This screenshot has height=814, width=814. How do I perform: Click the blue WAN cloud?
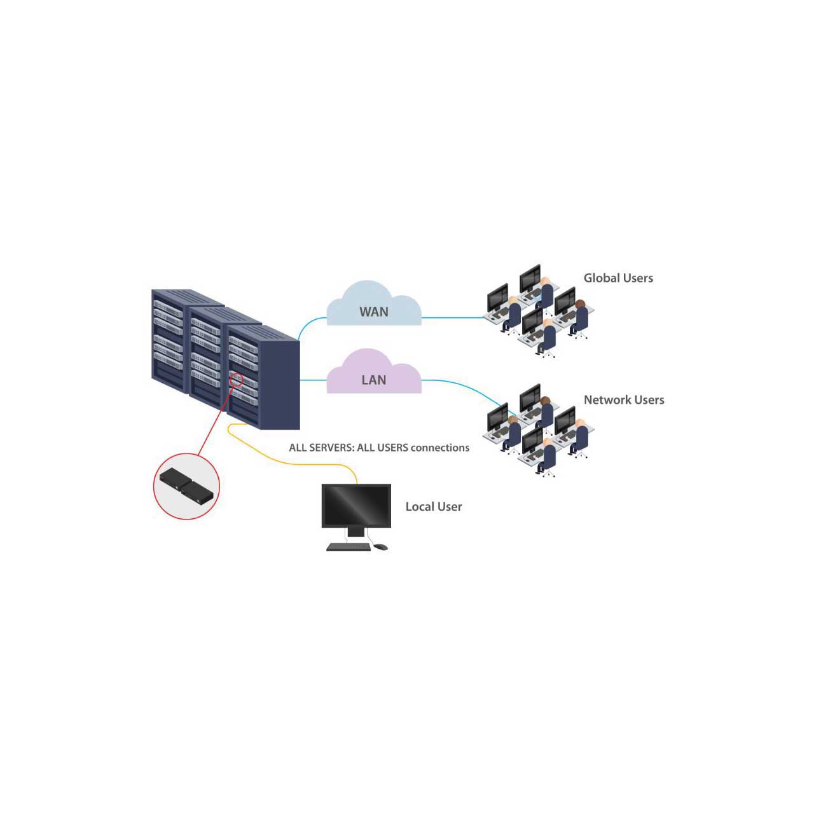click(373, 304)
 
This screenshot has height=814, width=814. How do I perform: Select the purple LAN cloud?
click(373, 373)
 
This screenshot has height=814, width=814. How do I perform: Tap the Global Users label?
click(617, 278)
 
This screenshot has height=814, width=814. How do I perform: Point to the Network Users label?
click(623, 399)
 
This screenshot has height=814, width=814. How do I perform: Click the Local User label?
click(434, 506)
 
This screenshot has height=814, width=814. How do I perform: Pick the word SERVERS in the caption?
click(331, 448)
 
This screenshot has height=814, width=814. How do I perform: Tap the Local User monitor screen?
click(355, 505)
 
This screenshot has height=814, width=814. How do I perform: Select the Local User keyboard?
click(348, 547)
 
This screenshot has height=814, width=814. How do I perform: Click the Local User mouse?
click(380, 547)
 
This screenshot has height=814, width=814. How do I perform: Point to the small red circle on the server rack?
click(236, 379)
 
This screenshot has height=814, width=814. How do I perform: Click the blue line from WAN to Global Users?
click(453, 318)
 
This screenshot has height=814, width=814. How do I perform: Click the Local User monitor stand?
click(355, 532)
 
